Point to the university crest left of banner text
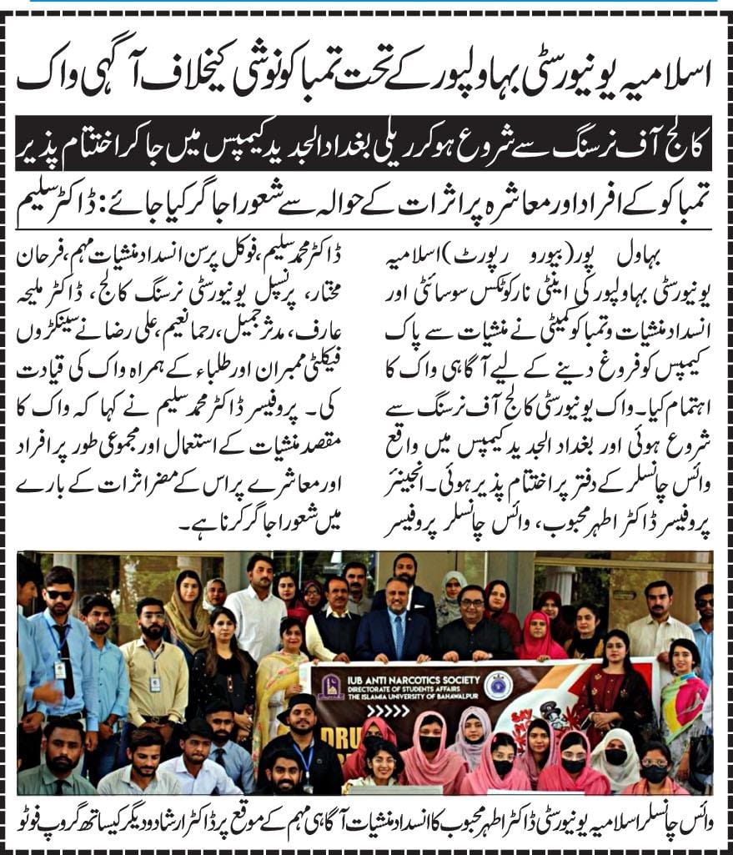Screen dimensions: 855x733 pyautogui.click(x=327, y=687)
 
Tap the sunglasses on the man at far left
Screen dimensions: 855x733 pyautogui.click(x=58, y=594)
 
